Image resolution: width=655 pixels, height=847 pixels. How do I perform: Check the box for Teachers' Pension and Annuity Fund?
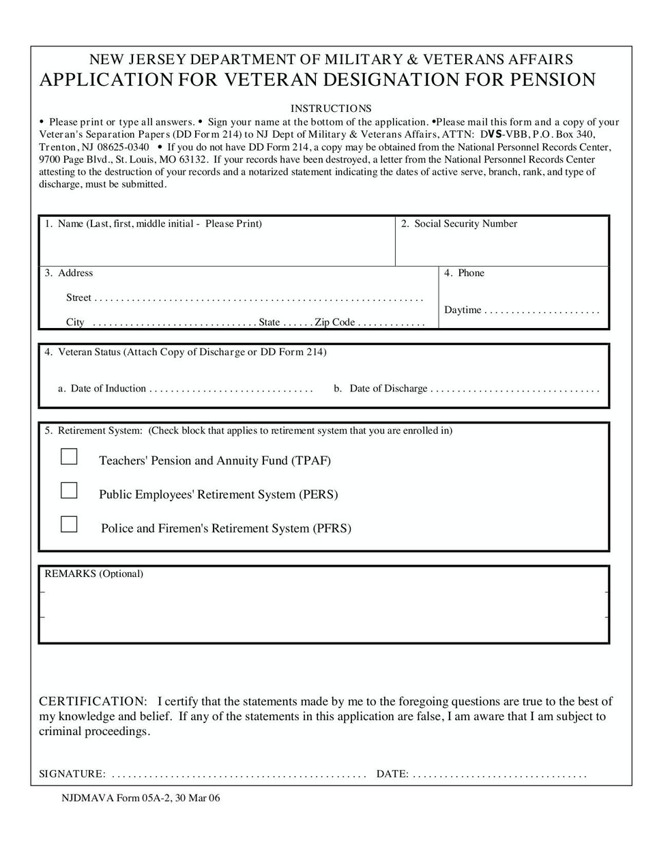click(x=69, y=456)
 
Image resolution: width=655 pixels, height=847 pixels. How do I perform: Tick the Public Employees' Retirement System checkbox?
click(x=69, y=490)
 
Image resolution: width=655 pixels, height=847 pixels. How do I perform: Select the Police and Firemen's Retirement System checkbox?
click(x=69, y=524)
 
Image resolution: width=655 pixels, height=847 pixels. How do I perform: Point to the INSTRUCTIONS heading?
click(x=331, y=108)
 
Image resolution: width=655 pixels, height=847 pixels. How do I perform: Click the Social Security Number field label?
click(x=465, y=224)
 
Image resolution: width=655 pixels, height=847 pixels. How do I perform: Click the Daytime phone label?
click(x=463, y=310)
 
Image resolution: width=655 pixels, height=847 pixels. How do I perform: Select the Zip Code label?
click(x=334, y=322)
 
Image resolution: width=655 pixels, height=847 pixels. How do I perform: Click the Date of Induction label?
click(x=108, y=389)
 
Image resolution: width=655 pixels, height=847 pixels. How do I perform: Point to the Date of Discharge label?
click(x=388, y=389)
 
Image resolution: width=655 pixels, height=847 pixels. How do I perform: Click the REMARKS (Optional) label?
click(x=93, y=574)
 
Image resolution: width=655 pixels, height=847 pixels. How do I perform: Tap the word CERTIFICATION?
click(x=92, y=701)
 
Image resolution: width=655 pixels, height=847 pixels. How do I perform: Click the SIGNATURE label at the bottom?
click(x=72, y=774)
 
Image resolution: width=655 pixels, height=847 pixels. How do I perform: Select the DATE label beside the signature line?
click(x=392, y=774)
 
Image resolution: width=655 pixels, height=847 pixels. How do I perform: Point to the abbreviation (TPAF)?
click(x=311, y=460)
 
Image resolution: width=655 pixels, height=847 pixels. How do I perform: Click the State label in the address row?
click(x=270, y=322)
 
